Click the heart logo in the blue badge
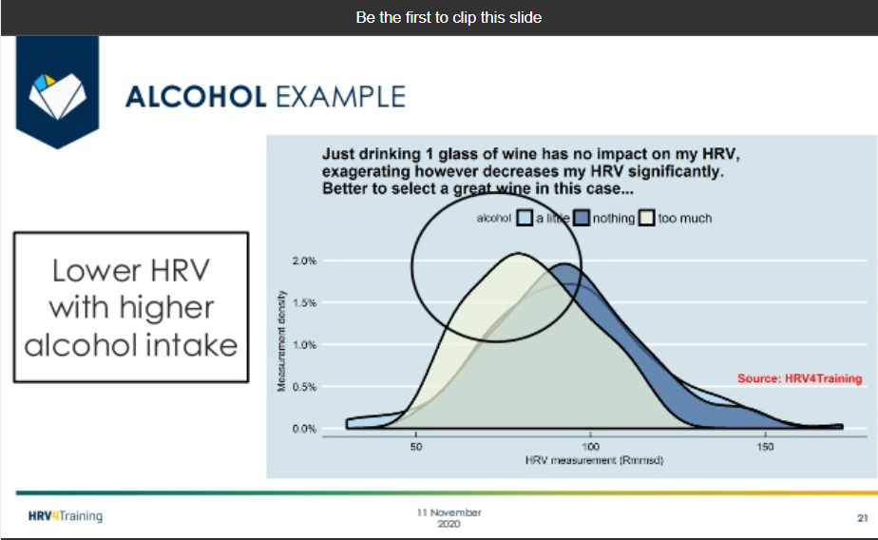(x=57, y=96)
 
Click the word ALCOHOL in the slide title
(x=196, y=97)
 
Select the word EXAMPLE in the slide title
(x=340, y=97)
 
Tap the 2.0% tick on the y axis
(x=304, y=261)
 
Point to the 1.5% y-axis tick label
(x=304, y=303)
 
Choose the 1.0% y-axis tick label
(x=304, y=345)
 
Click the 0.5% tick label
(x=304, y=387)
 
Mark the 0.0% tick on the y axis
(x=304, y=429)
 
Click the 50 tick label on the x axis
(x=416, y=447)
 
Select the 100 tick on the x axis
(x=591, y=447)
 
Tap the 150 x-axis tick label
(x=765, y=447)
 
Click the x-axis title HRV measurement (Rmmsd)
(x=594, y=460)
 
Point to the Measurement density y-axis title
(x=281, y=340)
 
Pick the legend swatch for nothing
(x=582, y=218)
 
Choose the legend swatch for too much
(x=647, y=218)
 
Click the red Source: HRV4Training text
(x=800, y=378)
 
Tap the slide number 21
(x=863, y=518)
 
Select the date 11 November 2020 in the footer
(x=449, y=518)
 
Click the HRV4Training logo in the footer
(x=66, y=516)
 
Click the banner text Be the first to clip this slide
(x=449, y=17)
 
